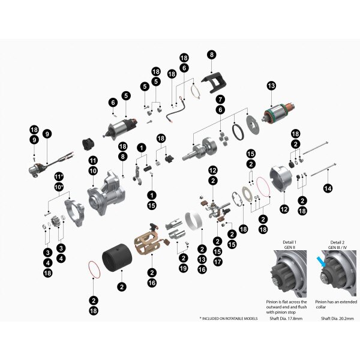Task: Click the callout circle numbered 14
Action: (x=327, y=188)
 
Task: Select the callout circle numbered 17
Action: (x=217, y=262)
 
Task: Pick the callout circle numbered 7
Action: (x=221, y=98)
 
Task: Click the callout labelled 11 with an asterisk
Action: (x=59, y=176)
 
